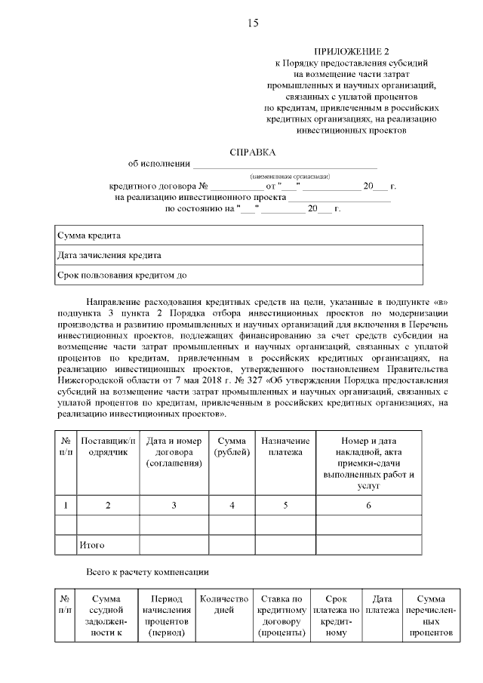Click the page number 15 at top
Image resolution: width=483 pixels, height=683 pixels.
pos(253,23)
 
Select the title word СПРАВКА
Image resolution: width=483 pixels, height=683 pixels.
pos(253,151)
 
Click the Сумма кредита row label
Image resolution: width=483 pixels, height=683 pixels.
pos(89,235)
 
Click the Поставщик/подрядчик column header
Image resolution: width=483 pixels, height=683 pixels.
pos(108,445)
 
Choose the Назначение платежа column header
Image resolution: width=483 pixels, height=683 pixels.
pos(285,445)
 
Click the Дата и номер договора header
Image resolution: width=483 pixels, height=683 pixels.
pos(174,451)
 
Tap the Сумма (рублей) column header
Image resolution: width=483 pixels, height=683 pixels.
pos(232,445)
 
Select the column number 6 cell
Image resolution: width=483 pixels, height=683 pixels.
pos(368,505)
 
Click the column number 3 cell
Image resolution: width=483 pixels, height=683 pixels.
pos(174,505)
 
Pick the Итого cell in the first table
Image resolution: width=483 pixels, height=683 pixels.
pos(91,544)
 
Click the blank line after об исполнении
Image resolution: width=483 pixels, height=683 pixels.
pos(285,164)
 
